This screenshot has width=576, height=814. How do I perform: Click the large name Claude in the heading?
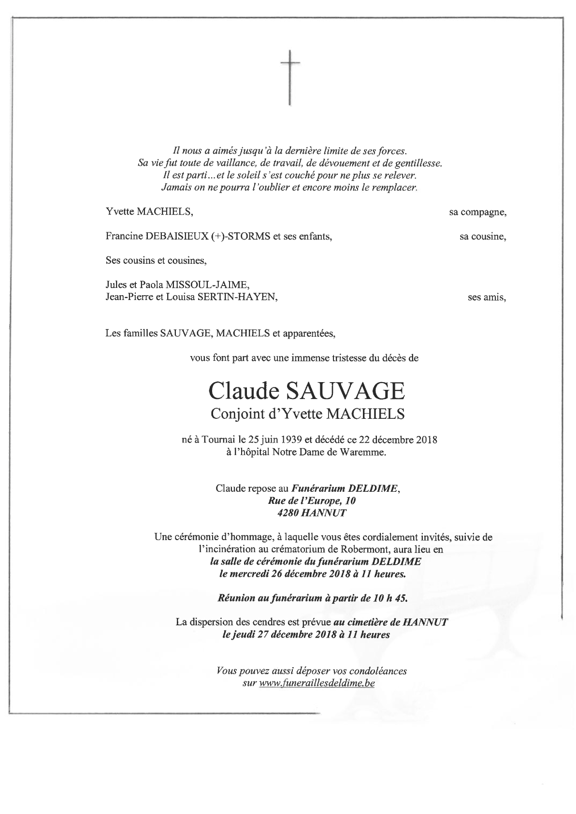tap(245, 392)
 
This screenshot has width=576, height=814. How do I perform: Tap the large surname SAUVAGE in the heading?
tap(345, 392)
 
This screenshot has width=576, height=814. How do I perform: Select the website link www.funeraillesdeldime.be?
tap(317, 684)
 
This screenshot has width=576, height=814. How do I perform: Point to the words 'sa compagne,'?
tap(477, 212)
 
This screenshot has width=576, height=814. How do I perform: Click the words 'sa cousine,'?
tap(482, 237)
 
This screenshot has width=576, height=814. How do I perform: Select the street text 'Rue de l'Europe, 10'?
tap(307, 501)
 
